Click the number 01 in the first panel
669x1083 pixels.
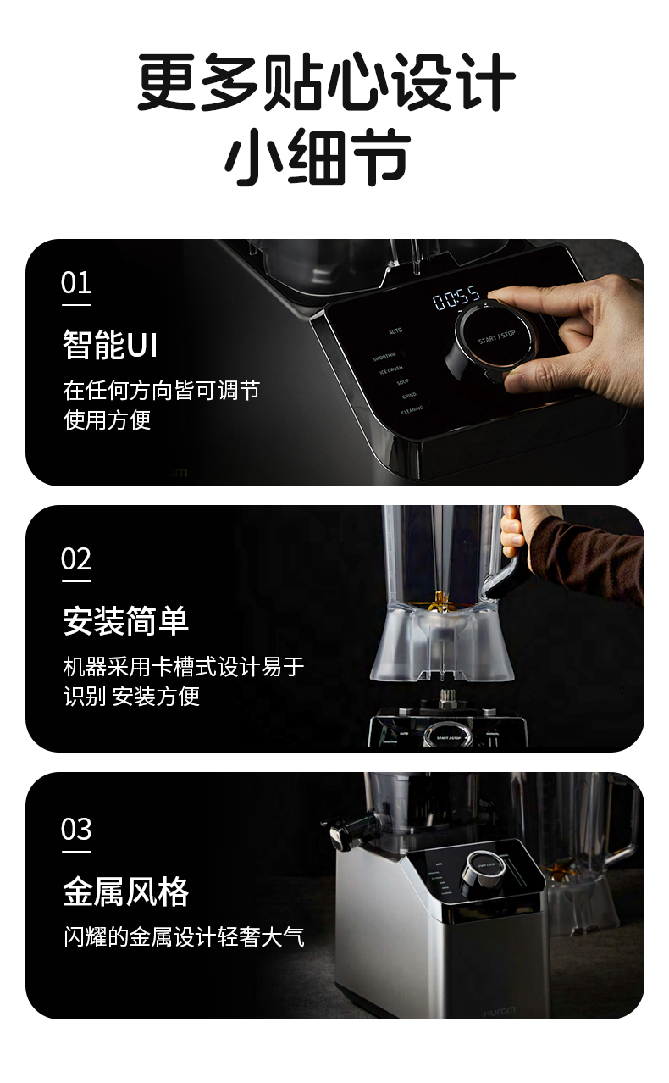pyautogui.click(x=76, y=283)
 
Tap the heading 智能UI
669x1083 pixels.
pyautogui.click(x=110, y=345)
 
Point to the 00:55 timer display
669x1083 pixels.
pyautogui.click(x=457, y=299)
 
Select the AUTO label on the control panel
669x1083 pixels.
pyautogui.click(x=395, y=330)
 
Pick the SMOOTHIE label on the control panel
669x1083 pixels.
pyautogui.click(x=385, y=357)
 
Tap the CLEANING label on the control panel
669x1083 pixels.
pyautogui.click(x=412, y=409)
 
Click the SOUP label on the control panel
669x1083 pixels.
pyautogui.click(x=403, y=382)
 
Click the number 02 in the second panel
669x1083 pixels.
pyautogui.click(x=76, y=560)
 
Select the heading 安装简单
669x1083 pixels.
pyautogui.click(x=125, y=621)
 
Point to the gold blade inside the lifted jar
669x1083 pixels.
pyautogui.click(x=440, y=602)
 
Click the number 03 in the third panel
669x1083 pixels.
pyautogui.click(x=76, y=829)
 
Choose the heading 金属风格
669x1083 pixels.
pyautogui.click(x=125, y=891)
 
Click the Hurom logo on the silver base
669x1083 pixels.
pyautogui.click(x=499, y=1011)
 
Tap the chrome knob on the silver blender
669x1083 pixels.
pyautogui.click(x=480, y=869)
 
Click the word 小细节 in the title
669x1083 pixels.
pyautogui.click(x=318, y=158)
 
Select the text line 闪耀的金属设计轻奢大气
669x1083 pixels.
pyautogui.click(x=184, y=937)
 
